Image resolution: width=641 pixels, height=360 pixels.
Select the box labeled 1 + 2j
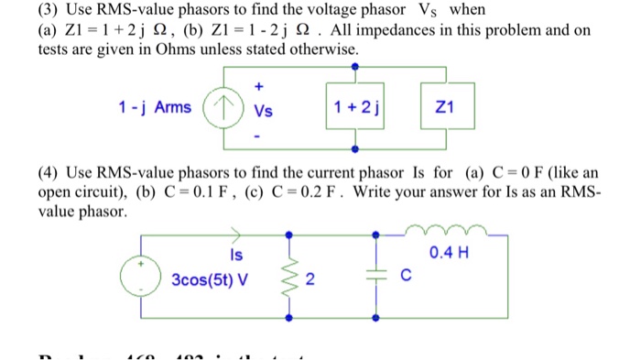[358, 108]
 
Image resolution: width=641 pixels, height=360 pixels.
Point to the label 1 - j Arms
[156, 108]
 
